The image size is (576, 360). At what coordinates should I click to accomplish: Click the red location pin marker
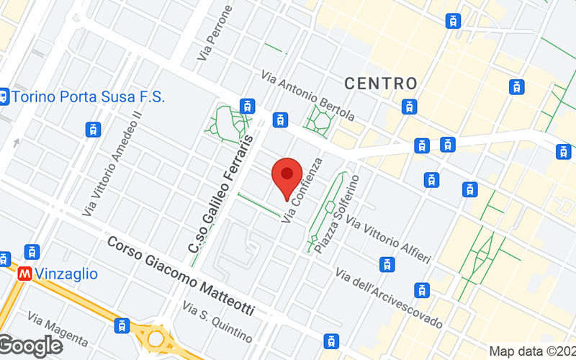(287, 175)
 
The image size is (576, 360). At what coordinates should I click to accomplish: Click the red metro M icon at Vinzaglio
(25, 274)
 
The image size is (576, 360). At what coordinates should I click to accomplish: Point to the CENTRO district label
(381, 84)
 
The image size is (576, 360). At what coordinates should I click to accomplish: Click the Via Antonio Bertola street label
(308, 95)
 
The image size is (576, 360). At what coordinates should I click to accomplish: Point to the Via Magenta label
(58, 328)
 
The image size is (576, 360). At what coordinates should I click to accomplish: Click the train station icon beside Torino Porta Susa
(4, 96)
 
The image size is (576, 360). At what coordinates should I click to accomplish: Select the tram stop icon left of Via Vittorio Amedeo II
(92, 130)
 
